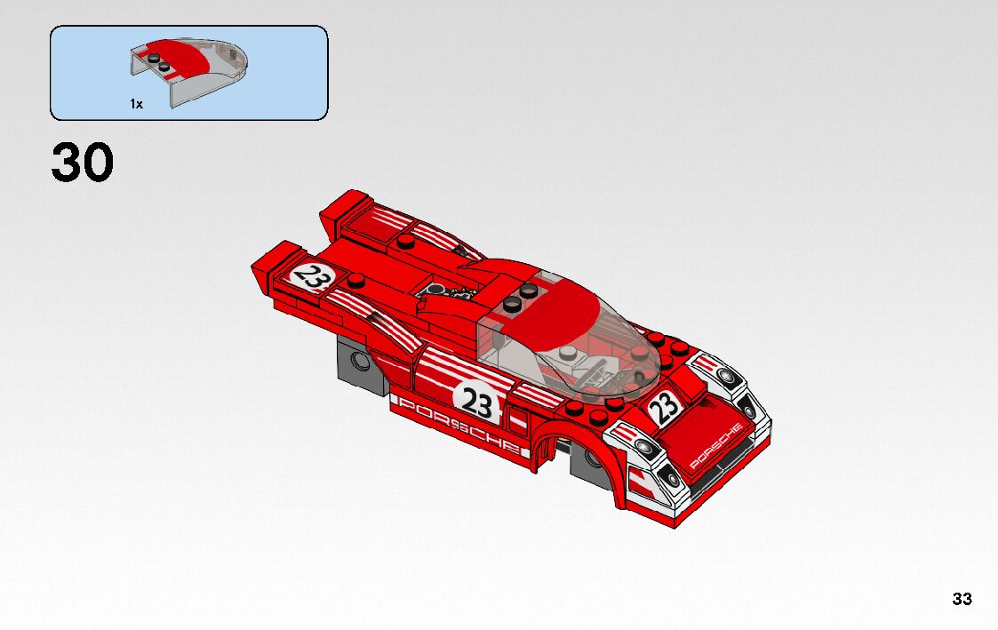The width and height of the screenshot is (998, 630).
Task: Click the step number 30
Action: coord(83,163)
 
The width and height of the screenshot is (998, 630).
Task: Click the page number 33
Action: coord(962,599)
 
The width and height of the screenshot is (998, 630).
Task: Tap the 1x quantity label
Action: coord(136,104)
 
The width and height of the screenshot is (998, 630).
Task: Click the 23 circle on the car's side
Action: coord(476,404)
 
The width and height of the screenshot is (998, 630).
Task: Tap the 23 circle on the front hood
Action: coord(664,408)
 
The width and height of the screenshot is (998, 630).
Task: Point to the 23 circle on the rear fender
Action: coord(310,275)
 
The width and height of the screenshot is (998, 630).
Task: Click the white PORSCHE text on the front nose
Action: coord(716,445)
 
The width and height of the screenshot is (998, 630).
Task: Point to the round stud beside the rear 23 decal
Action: coord(356,282)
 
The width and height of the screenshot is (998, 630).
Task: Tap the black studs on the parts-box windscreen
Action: coord(161,62)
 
